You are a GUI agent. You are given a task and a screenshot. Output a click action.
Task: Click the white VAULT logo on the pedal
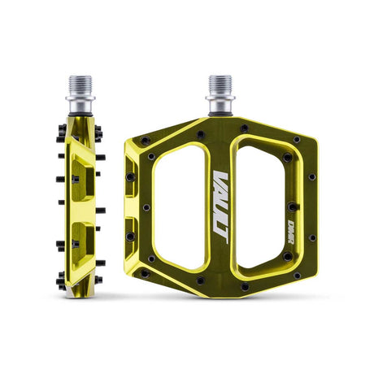tap(220, 207)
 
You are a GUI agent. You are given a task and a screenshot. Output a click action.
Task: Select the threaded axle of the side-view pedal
tap(80, 85)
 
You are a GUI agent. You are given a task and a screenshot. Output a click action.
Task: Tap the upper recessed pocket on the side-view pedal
tap(82, 179)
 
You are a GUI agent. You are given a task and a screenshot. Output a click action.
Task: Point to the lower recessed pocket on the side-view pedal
tap(82, 244)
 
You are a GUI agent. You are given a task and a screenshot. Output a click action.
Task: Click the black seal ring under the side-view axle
tap(80, 115)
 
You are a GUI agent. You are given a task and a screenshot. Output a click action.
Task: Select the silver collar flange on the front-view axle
tap(220, 98)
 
